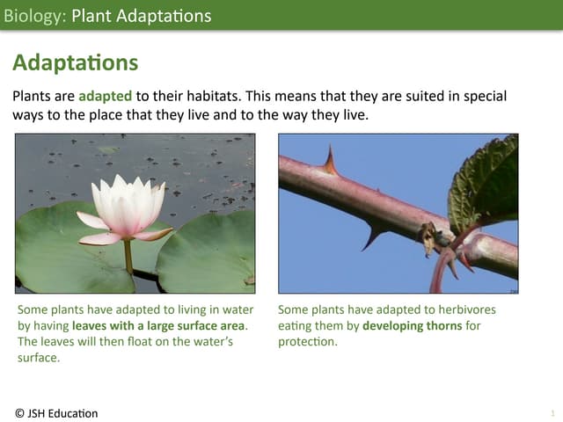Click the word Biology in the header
[33, 16]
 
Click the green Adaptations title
[76, 62]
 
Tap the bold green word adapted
[106, 96]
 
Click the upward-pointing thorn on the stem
[331, 161]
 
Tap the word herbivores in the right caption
[464, 310]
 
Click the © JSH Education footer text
[57, 413]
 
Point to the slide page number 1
[552, 413]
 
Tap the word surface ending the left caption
[38, 358]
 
